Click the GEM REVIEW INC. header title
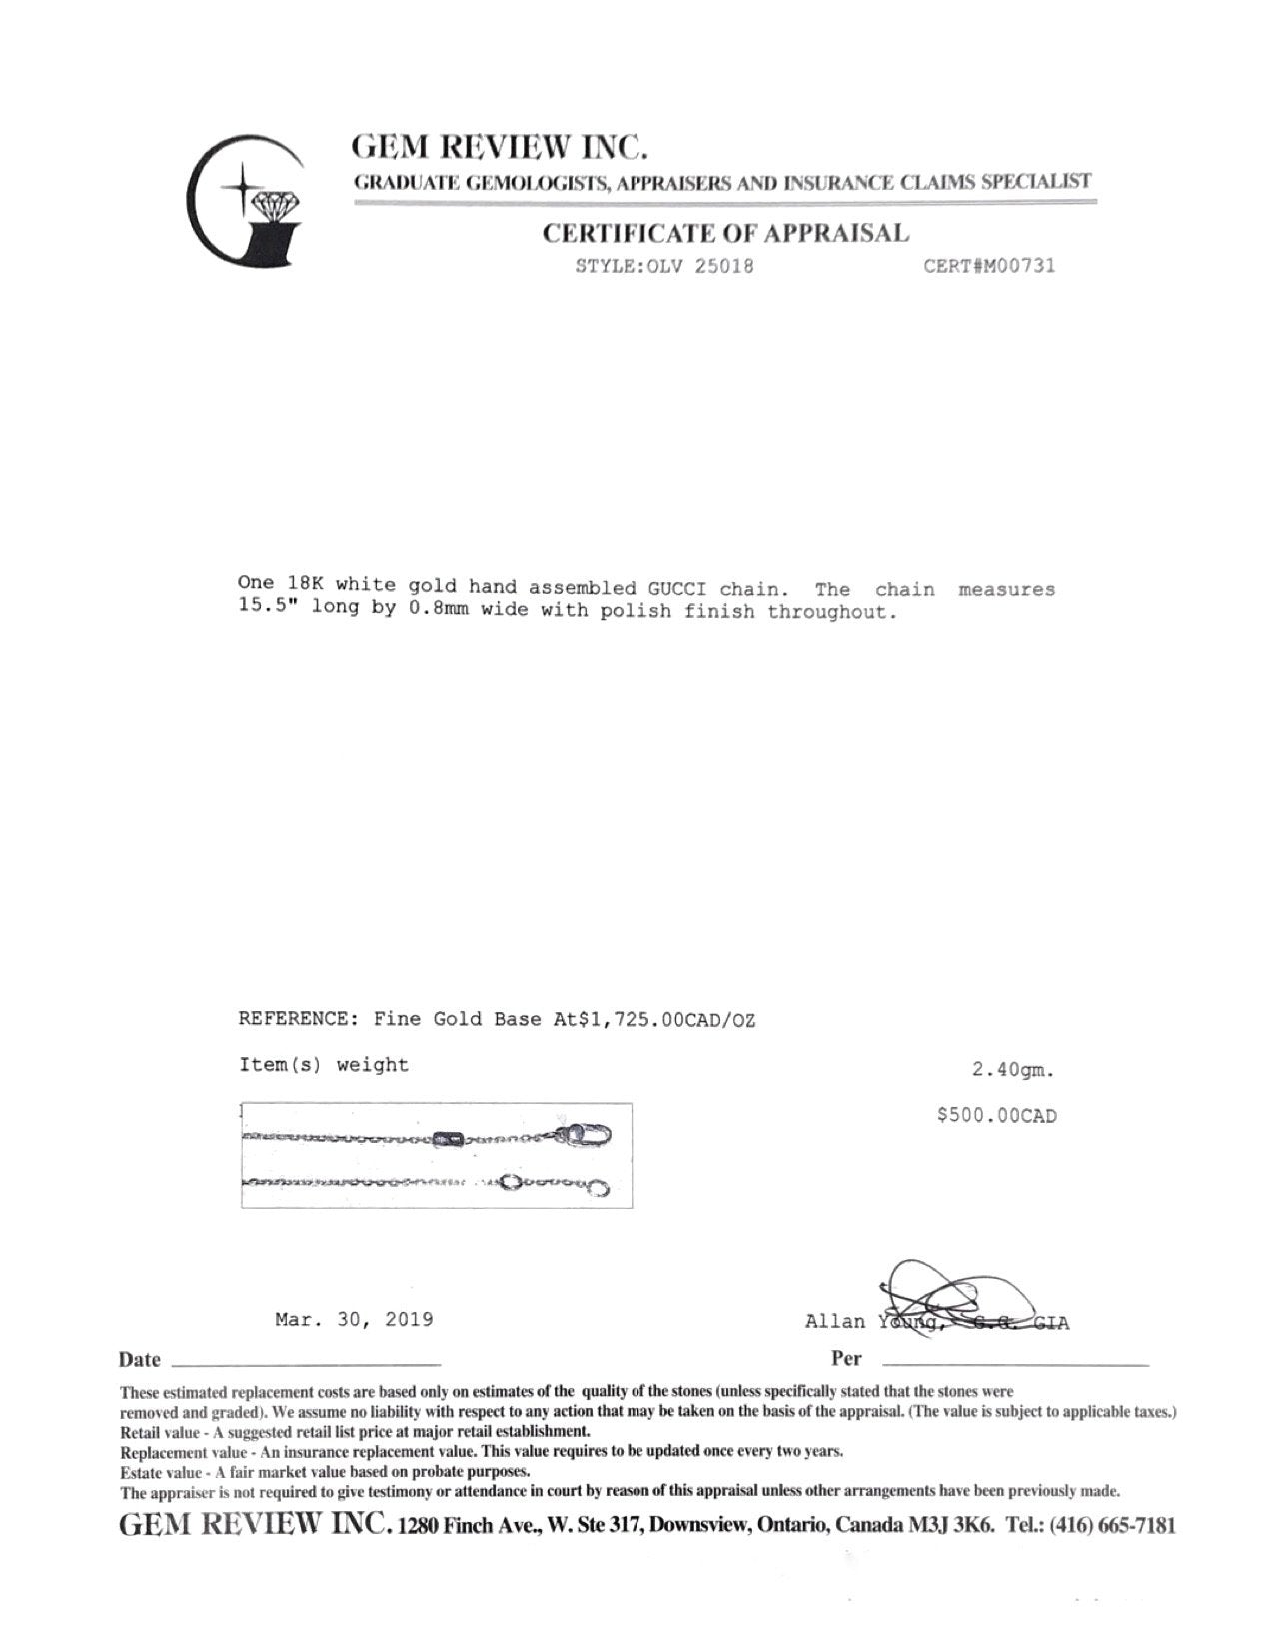500,148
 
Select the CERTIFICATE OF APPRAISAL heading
726,234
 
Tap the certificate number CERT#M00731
989,266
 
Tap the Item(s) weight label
324,1065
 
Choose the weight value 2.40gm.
1013,1070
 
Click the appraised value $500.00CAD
996,1115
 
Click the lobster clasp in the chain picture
588,1136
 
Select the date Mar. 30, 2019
354,1320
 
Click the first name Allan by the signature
835,1322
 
